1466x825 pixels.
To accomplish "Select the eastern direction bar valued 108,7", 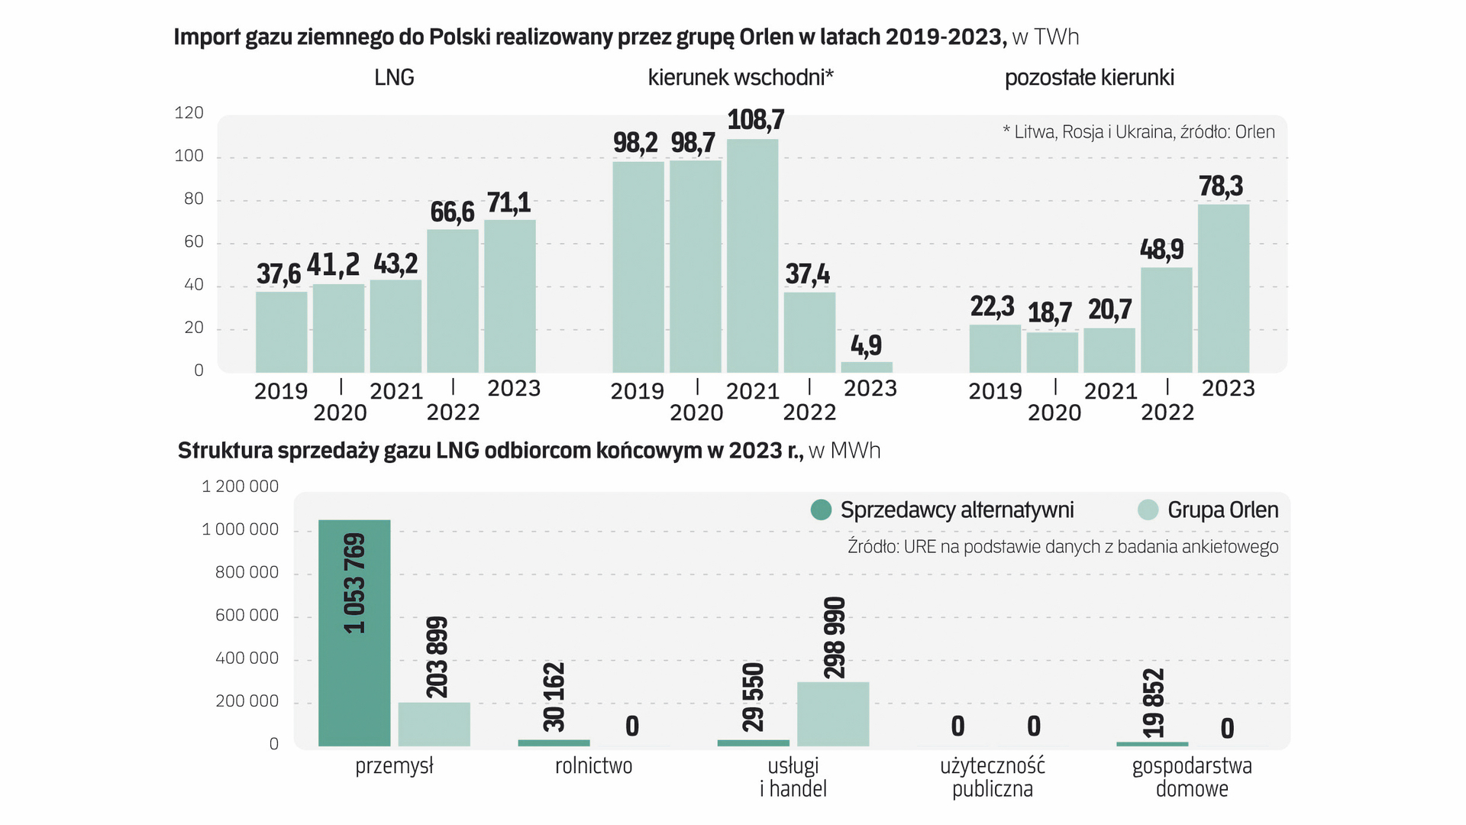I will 753,256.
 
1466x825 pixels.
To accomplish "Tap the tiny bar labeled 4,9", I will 867,367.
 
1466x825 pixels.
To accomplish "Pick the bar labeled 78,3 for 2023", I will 1223,289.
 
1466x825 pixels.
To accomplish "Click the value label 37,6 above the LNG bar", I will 279,273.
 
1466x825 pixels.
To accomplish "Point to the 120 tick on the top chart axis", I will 189,113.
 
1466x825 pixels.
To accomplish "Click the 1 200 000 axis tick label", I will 240,487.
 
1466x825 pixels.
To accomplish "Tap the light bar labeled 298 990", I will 833,713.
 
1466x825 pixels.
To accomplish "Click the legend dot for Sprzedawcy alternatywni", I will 821,510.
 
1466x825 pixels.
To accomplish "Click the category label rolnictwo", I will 593,766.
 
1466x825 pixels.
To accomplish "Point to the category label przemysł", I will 394,766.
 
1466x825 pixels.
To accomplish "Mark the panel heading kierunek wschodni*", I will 741,77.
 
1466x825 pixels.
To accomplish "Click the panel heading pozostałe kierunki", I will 1089,77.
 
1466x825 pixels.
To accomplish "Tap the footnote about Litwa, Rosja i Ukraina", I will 1138,132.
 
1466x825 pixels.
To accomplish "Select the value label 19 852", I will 1154,703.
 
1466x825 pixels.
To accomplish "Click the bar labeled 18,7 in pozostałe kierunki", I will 1052,352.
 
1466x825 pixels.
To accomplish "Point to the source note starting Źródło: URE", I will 1063,547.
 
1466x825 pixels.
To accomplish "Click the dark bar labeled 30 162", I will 554,742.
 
